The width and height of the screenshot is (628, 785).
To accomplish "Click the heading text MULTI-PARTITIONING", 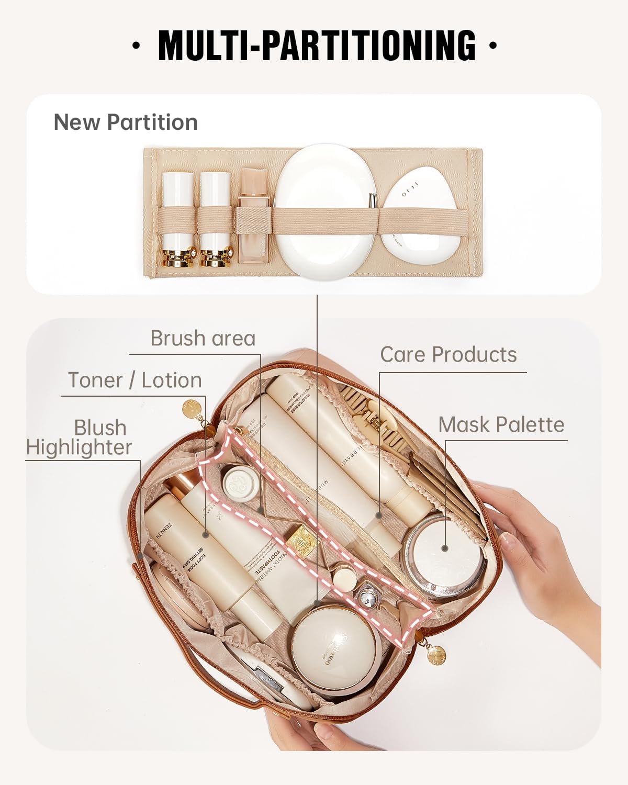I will pos(317,45).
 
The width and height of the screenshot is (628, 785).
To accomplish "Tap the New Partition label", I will pos(126,122).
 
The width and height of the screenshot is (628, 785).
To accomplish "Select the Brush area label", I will pos(203,338).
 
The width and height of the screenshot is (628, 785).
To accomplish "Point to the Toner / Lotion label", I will pos(135,380).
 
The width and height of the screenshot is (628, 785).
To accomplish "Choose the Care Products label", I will pos(448,354).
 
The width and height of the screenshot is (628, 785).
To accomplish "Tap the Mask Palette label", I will pos(501,424).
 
